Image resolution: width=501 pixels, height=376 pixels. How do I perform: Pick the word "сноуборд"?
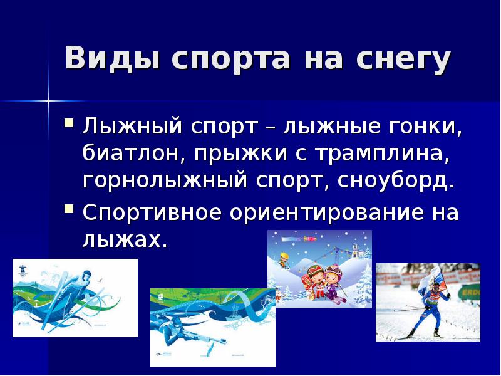pyautogui.click(x=395, y=182)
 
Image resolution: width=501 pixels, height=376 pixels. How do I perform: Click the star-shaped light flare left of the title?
pyautogui.click(x=48, y=99)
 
